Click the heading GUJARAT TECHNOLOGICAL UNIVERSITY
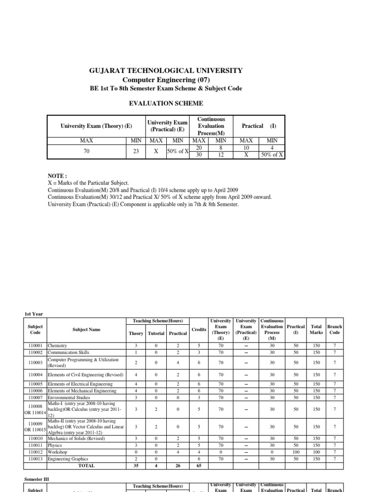coord(166,71)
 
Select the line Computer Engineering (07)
coord(166,79)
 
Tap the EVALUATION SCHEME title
coord(166,103)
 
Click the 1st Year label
coord(34,314)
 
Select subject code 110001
coord(36,345)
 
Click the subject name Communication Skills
coord(69,352)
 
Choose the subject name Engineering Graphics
coord(68,459)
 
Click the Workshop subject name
coord(57,452)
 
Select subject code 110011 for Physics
coord(36,445)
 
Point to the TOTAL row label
coord(86,466)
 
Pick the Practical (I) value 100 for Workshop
coord(296,452)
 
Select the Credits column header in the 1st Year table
coord(199,330)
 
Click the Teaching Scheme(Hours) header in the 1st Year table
coord(158,320)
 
